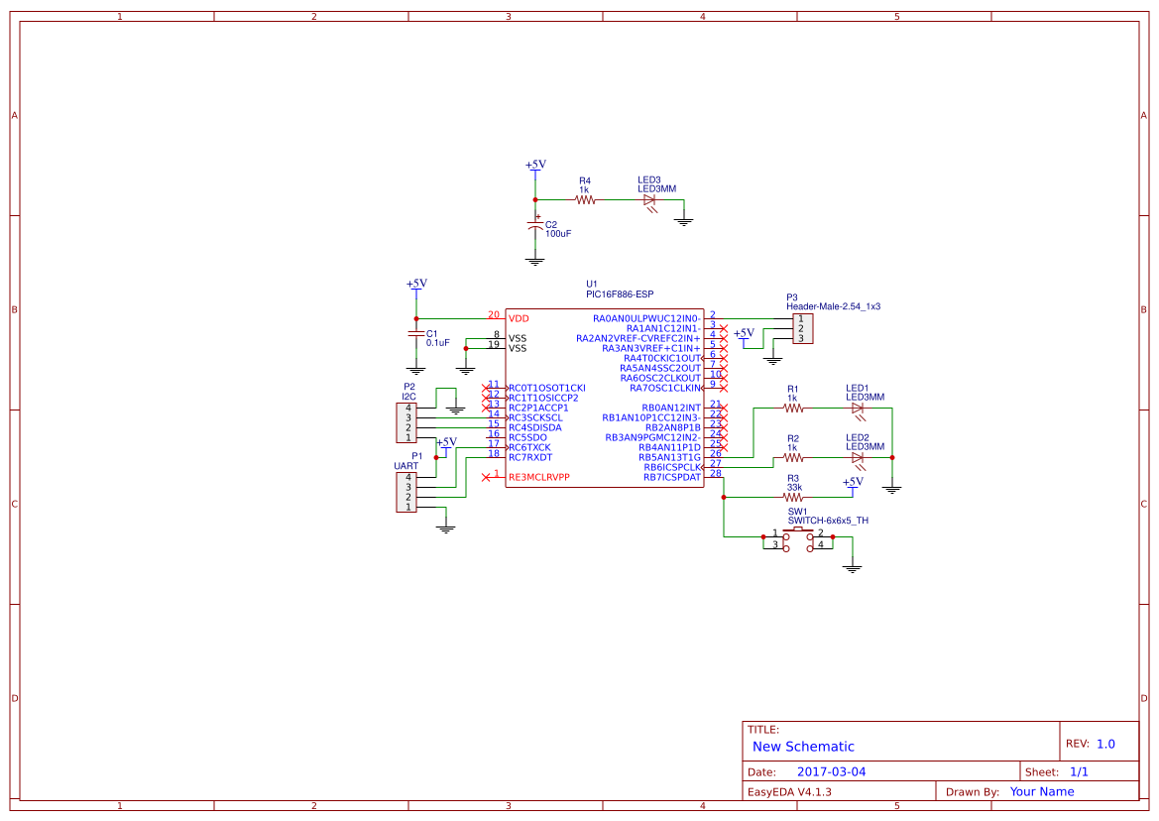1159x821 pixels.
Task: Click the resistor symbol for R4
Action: click(x=585, y=199)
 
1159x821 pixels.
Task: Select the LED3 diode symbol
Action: click(x=650, y=199)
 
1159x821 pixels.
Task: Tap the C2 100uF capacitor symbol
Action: click(x=535, y=227)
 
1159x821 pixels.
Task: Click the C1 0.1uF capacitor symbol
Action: click(x=415, y=334)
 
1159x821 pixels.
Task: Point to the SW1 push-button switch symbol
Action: click(x=797, y=537)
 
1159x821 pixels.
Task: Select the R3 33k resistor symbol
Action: click(x=793, y=498)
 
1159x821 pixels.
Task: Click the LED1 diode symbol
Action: click(x=858, y=408)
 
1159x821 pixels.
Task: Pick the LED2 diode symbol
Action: click(x=858, y=457)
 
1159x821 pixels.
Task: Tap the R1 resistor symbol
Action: click(x=792, y=408)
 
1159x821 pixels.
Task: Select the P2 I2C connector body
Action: click(x=406, y=422)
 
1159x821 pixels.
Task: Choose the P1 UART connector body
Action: click(x=406, y=492)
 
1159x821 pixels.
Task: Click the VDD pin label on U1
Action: click(x=519, y=319)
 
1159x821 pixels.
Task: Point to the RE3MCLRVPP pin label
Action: click(x=538, y=478)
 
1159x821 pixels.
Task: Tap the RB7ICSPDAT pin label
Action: click(x=671, y=477)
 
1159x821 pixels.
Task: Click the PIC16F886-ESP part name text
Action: click(x=620, y=294)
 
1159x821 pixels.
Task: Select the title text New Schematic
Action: click(x=803, y=747)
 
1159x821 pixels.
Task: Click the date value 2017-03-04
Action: click(x=831, y=771)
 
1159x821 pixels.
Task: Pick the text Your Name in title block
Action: click(x=1041, y=791)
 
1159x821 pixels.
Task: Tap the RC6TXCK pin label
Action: click(x=529, y=447)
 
